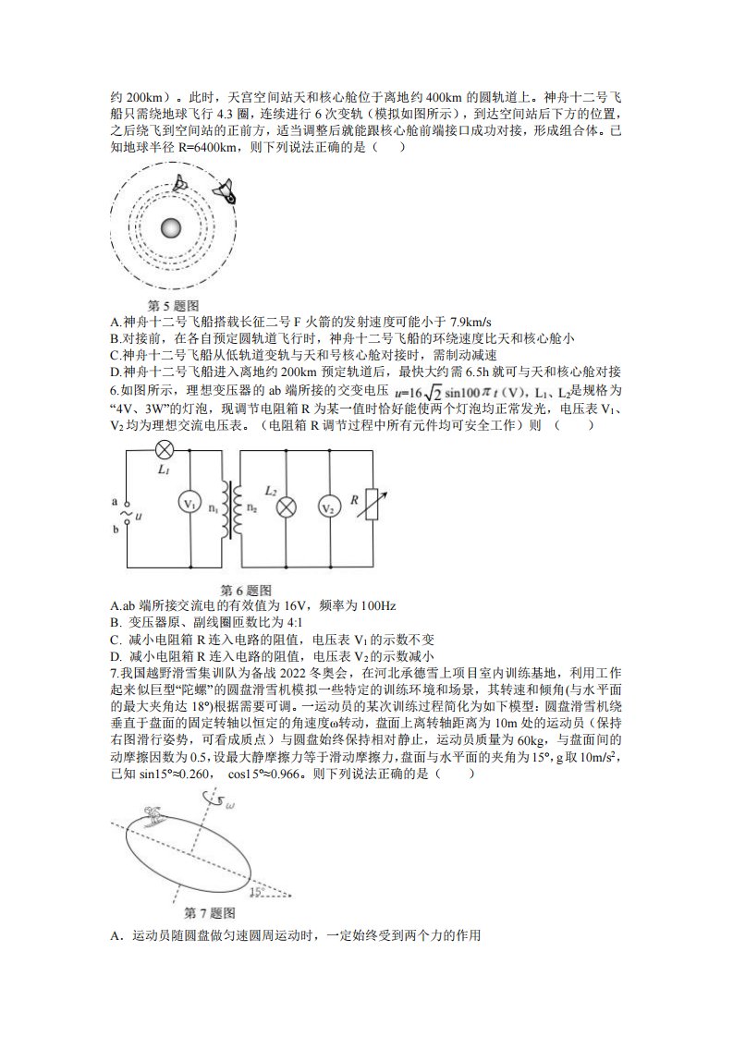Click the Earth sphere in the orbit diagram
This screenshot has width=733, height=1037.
[x=171, y=229]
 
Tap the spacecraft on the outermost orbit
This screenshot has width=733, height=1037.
[x=225, y=190]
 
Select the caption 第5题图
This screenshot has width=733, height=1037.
[x=173, y=306]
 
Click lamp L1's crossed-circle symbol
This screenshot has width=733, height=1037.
[x=164, y=451]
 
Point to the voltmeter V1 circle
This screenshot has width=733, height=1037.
[x=189, y=504]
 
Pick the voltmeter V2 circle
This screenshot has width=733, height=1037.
[x=329, y=507]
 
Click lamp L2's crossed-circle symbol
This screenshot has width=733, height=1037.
[x=286, y=508]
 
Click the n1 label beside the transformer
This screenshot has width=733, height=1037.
[x=213, y=508]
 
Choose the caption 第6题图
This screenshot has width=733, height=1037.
[x=246, y=590]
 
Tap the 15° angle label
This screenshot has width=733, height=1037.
[x=257, y=892]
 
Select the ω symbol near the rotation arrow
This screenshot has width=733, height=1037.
[x=229, y=805]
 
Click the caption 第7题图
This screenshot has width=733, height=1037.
[x=210, y=913]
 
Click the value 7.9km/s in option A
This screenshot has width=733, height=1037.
[x=470, y=322]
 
